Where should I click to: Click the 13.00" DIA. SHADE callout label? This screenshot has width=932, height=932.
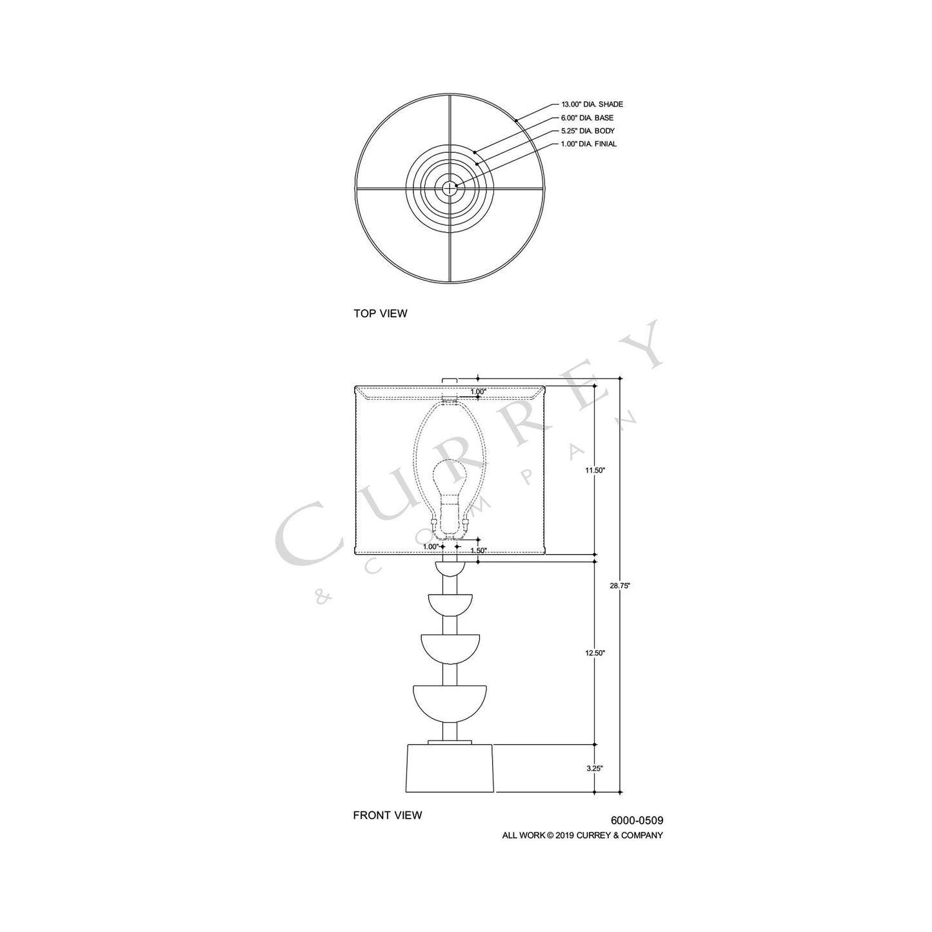(x=591, y=104)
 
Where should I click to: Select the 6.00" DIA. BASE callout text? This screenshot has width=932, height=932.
(x=587, y=118)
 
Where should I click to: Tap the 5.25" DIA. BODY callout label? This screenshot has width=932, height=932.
(x=588, y=131)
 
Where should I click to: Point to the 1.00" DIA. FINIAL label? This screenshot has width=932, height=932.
(x=588, y=144)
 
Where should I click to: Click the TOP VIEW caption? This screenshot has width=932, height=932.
(x=380, y=313)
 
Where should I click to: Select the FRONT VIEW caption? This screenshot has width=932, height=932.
(x=387, y=815)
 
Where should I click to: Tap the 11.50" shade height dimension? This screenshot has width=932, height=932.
(x=595, y=470)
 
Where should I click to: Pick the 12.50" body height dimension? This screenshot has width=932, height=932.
(x=595, y=653)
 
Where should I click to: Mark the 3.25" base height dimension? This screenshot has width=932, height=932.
(x=595, y=768)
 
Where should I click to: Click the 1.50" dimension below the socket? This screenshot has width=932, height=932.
(x=478, y=550)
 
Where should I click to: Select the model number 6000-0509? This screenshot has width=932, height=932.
(x=637, y=821)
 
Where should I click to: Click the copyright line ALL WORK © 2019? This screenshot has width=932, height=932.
(x=582, y=835)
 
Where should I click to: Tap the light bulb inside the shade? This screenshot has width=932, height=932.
(x=450, y=481)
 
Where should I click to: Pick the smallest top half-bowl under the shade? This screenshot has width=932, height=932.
(x=450, y=568)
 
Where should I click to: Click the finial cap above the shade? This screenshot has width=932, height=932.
(x=450, y=382)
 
